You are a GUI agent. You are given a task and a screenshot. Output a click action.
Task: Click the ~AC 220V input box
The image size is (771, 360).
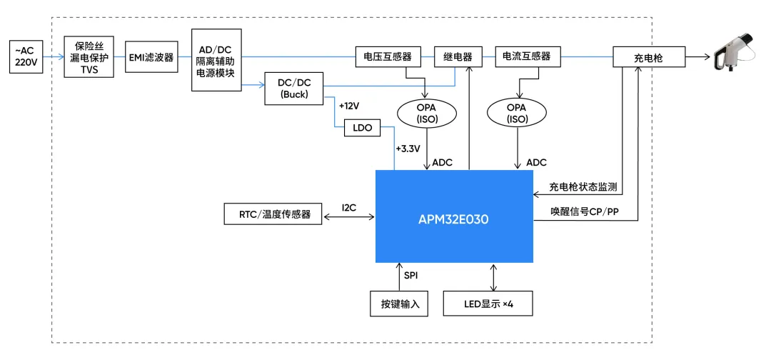(x=26, y=57)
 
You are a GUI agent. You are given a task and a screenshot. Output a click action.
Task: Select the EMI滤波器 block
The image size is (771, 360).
(x=151, y=57)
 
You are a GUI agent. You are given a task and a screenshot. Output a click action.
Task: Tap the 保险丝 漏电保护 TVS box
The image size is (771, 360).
(x=89, y=57)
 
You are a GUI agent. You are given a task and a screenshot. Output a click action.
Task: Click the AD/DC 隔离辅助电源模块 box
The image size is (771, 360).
(x=216, y=59)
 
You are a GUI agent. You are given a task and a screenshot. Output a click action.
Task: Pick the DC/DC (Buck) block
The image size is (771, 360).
(x=293, y=88)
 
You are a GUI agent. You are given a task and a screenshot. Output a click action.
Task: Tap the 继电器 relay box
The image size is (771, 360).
(x=458, y=57)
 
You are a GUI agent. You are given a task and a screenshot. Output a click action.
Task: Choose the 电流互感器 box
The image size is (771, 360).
(x=527, y=57)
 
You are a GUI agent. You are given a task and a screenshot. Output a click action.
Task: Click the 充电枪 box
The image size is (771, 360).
(x=648, y=57)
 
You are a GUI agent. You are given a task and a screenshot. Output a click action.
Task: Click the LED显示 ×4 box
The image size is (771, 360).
(x=488, y=303)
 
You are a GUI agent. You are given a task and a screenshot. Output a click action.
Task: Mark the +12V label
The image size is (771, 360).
(x=349, y=106)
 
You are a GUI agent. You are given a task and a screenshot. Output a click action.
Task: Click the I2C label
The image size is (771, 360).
(x=348, y=207)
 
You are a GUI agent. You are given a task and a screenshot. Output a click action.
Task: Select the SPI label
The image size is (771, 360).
(x=412, y=275)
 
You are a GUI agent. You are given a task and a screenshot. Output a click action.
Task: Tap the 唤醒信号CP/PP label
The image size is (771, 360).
(x=584, y=212)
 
